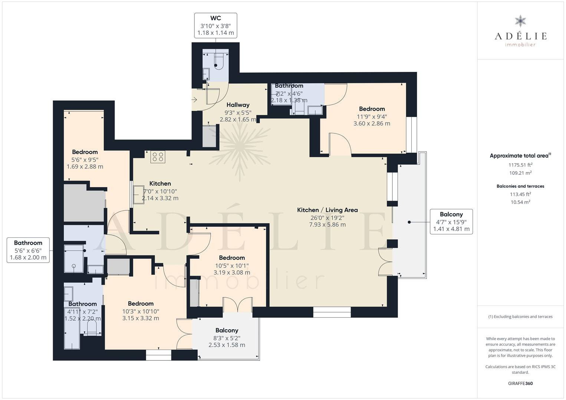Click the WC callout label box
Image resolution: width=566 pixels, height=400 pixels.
point(215,26)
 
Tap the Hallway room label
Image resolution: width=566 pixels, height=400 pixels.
point(238,105)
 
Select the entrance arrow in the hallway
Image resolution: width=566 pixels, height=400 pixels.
point(194,100)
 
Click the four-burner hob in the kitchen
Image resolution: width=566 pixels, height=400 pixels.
point(158,157)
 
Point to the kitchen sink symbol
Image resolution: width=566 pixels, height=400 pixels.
point(139,194)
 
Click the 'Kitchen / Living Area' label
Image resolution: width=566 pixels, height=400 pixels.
point(327,210)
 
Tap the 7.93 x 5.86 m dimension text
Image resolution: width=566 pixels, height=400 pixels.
point(327,224)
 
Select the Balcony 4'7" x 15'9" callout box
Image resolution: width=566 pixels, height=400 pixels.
point(451,221)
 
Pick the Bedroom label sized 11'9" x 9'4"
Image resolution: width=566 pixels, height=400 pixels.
point(372,116)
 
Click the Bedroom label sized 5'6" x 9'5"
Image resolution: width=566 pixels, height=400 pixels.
point(85,159)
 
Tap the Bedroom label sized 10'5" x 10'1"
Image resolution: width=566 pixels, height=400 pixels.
point(232,265)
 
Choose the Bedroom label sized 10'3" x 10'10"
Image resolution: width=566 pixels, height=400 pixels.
point(141,311)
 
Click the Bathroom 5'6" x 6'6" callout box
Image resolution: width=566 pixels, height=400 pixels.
point(28,250)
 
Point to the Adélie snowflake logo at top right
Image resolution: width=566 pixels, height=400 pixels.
point(520,21)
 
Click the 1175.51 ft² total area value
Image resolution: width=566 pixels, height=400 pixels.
point(520,165)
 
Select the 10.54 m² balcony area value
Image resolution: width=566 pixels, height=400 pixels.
point(520,202)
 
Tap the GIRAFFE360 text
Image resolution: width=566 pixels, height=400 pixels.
point(520,383)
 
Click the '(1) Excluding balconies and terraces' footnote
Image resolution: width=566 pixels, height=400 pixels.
point(520,316)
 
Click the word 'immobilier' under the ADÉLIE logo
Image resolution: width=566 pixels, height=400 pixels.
point(520,45)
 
